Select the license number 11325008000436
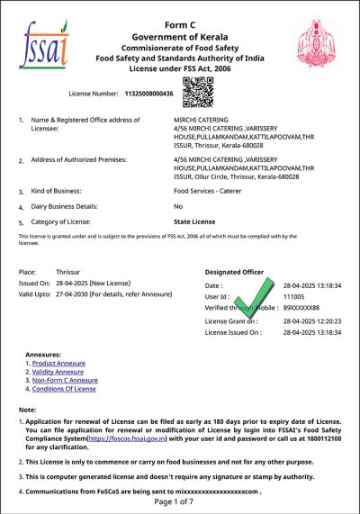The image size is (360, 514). pyautogui.click(x=148, y=92)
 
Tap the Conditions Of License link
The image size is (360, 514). pyautogui.click(x=63, y=389)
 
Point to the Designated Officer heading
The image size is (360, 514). pyautogui.click(x=237, y=270)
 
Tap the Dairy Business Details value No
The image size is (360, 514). pyautogui.click(x=178, y=206)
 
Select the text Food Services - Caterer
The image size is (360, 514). pyautogui.click(x=213, y=192)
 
